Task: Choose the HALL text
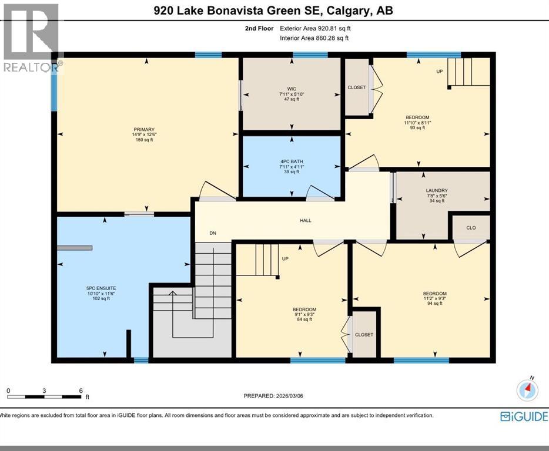click(305, 221)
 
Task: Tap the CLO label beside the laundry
click(471, 228)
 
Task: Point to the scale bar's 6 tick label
click(81, 391)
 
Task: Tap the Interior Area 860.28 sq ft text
click(314, 39)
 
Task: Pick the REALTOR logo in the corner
click(31, 38)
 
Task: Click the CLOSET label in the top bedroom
click(356, 87)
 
